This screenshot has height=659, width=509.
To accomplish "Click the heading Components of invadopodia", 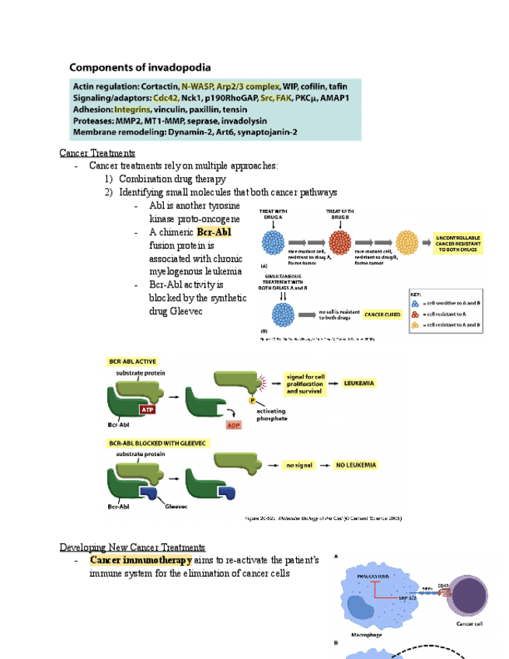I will point(141,68).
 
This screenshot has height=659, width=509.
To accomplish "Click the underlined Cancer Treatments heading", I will point(97,153).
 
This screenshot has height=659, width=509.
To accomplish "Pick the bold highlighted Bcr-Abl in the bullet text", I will point(214,232).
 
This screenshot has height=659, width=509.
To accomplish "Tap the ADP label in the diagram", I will point(233,425).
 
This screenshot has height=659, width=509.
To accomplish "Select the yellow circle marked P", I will point(252,400).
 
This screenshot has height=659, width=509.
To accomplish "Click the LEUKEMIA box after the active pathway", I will point(358,383).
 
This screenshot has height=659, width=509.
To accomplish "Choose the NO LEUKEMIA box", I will point(357,465).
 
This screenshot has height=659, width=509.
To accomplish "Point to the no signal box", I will point(298,465).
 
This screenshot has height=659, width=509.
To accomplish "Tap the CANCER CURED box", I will point(382,316).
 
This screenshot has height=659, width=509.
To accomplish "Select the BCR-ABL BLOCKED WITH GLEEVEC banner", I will point(152,442).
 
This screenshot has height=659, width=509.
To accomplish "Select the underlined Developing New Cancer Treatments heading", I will point(133,547).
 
